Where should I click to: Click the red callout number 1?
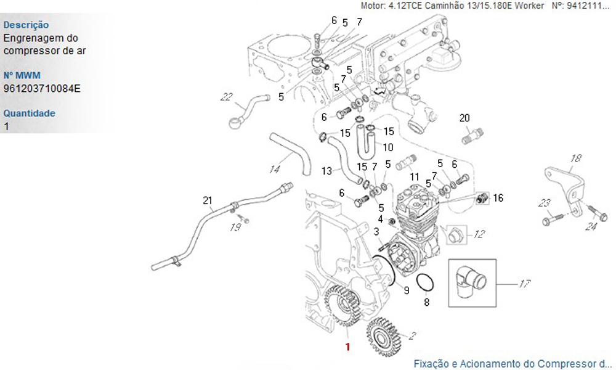tap(347, 347)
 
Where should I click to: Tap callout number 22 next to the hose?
tap(227, 96)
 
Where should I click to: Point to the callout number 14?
tap(275, 168)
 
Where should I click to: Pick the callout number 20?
tap(464, 117)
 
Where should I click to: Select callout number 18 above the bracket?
tap(575, 158)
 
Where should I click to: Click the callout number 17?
tap(525, 284)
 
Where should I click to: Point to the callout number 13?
tap(326, 170)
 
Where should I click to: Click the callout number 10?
tap(388, 147)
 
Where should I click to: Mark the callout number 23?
tap(544, 203)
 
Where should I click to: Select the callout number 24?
tap(591, 226)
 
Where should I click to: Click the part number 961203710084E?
tap(42, 88)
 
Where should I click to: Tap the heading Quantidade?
tap(30, 113)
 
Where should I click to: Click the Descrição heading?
tap(26, 25)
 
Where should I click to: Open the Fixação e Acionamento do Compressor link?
tap(513, 363)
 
